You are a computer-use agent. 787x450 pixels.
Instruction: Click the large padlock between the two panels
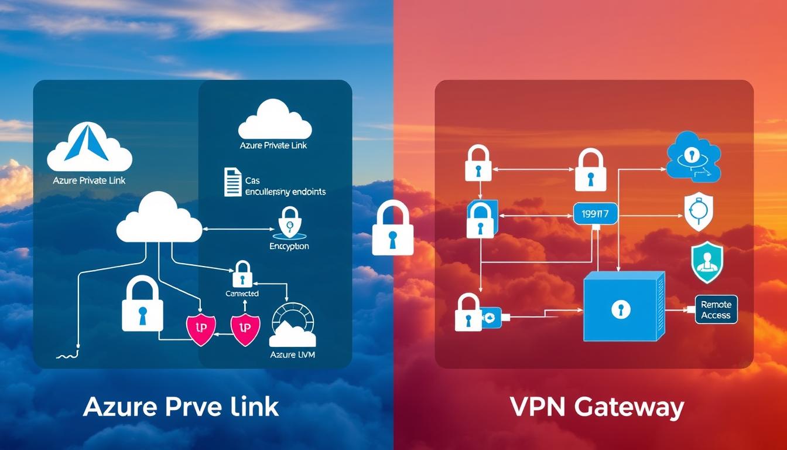click(x=392, y=228)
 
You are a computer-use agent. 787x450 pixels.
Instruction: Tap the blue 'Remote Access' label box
click(x=716, y=310)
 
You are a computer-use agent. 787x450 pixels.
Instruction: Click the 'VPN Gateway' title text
click(x=597, y=407)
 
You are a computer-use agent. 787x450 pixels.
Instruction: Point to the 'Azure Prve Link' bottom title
click(x=180, y=407)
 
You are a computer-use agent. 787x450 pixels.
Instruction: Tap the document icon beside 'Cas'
click(x=232, y=182)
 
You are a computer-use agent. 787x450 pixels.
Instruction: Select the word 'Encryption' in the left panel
click(x=289, y=247)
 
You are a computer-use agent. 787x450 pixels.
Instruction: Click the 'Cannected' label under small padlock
click(x=242, y=293)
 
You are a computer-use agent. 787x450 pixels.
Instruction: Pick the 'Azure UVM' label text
click(x=292, y=354)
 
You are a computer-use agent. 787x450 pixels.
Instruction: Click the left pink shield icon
click(x=200, y=329)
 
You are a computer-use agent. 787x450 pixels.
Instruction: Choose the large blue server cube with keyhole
click(x=624, y=307)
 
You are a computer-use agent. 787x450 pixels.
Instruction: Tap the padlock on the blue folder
click(x=481, y=219)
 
